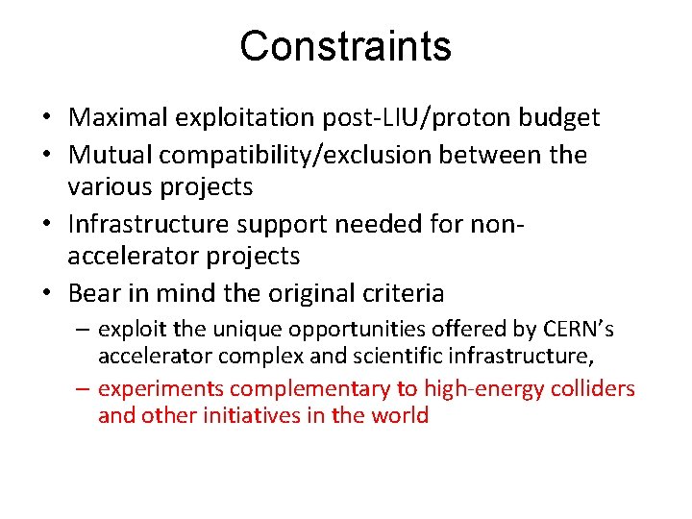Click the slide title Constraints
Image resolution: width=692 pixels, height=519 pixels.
(345, 45)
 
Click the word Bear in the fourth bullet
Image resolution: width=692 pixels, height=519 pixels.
(91, 293)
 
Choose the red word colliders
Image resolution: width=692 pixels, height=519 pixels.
(592, 388)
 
